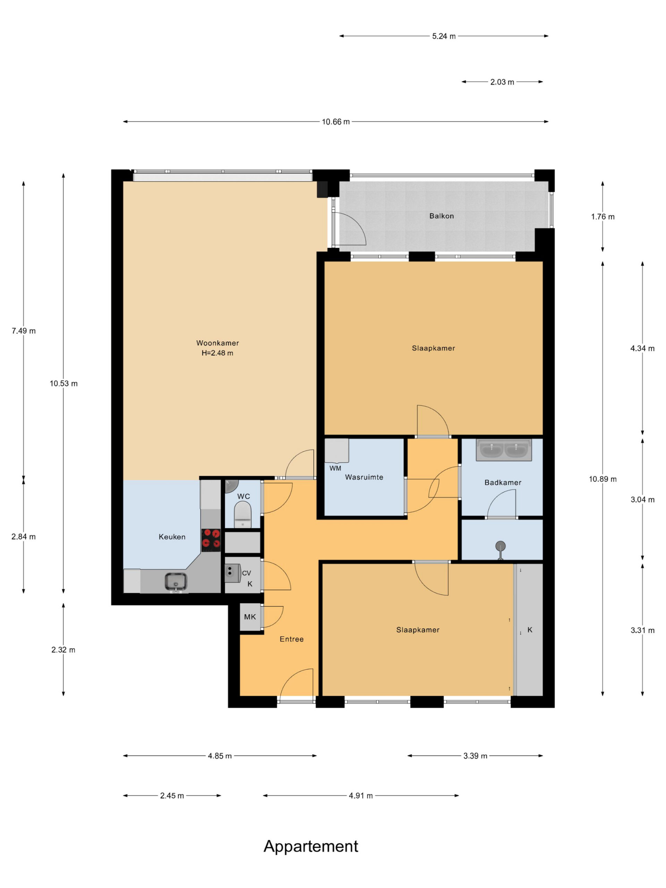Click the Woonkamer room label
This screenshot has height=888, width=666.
217,343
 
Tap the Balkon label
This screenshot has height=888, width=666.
442,216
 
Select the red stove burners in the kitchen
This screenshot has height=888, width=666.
211,539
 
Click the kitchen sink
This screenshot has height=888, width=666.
176,582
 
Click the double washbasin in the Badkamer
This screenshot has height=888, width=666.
504,450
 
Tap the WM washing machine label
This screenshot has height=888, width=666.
335,468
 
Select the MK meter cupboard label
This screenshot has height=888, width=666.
250,617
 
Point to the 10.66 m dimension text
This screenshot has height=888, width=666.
336,122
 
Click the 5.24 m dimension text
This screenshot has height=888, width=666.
444,36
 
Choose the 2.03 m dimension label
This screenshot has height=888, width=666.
502,82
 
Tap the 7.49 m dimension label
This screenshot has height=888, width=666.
24,331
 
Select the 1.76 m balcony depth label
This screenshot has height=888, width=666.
603,217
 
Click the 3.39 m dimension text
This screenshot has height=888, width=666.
475,756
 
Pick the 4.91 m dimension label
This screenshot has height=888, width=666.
360,796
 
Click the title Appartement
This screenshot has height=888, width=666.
311,846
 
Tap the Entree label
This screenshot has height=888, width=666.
291,639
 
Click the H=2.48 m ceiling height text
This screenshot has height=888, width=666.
217,353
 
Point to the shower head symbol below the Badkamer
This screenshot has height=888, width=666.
500,548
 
